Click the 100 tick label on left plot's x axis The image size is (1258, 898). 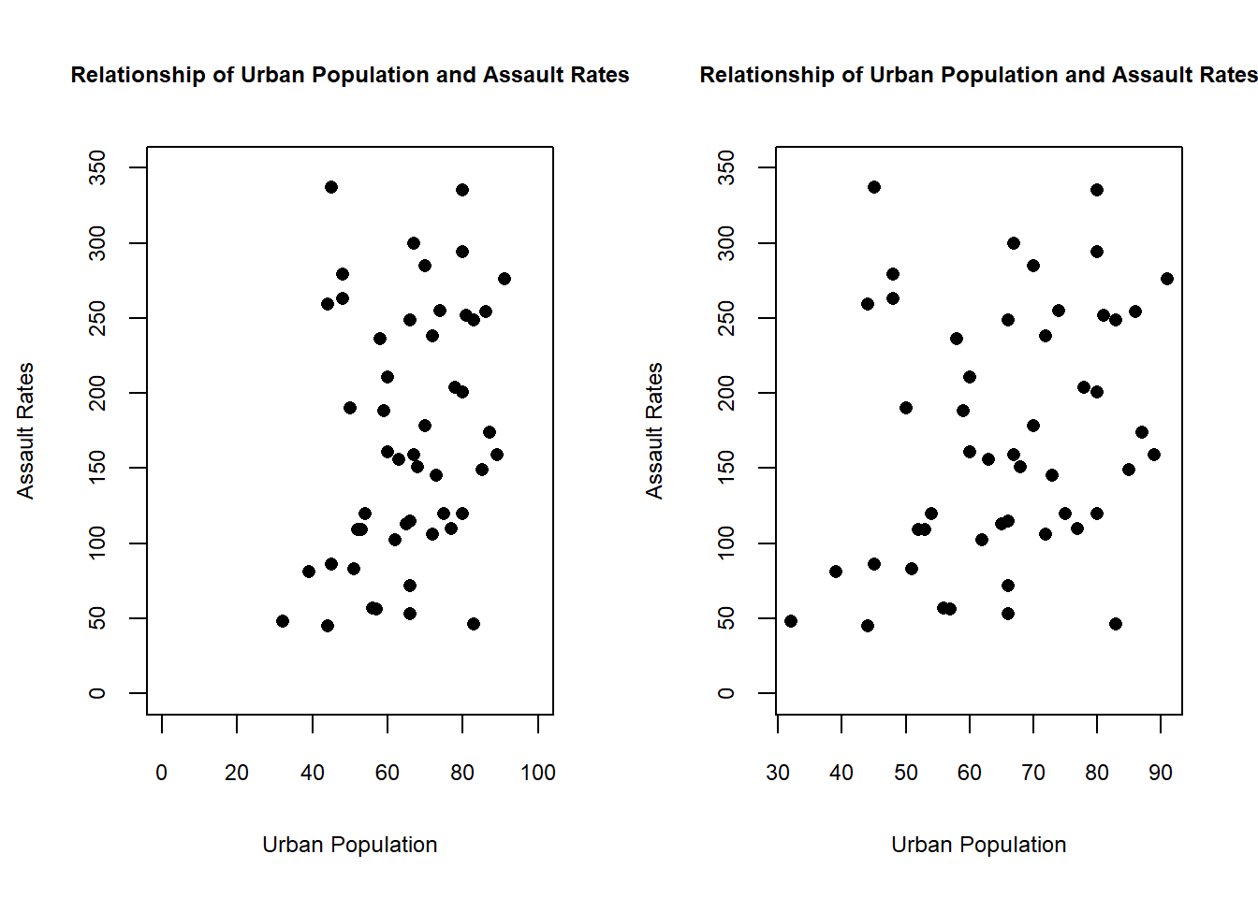[538, 773]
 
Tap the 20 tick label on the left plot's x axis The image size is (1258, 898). [237, 773]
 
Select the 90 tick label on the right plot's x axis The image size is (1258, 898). [1161, 773]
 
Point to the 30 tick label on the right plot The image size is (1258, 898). [778, 773]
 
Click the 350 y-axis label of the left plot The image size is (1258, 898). [97, 167]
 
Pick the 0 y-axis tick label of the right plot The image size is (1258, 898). [726, 693]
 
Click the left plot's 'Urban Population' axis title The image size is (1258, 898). [349, 845]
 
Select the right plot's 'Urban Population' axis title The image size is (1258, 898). [978, 845]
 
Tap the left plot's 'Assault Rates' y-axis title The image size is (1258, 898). [25, 430]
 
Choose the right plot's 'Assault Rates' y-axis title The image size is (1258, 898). [654, 430]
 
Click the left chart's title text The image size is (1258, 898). [350, 75]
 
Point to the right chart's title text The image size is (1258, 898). [978, 75]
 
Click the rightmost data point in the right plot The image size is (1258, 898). [1167, 279]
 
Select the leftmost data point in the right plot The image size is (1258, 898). [791, 621]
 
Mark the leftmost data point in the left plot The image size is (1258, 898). [283, 621]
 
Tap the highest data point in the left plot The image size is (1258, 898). [331, 187]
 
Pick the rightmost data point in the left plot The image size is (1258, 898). [505, 279]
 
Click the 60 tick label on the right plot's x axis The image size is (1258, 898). [970, 773]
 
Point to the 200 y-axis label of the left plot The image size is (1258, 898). [97, 393]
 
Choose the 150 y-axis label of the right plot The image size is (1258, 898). [726, 468]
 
